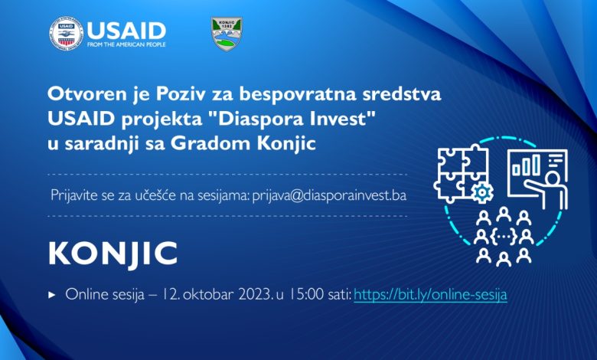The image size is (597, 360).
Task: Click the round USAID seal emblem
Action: (66, 34)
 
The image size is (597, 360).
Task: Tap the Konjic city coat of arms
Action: (227, 34)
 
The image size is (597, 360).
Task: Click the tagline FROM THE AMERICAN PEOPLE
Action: (126, 44)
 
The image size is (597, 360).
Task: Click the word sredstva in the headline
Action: (402, 94)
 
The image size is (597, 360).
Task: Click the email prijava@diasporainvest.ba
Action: (329, 195)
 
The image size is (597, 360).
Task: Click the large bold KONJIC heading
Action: (113, 254)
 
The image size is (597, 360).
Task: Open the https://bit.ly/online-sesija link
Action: (430, 294)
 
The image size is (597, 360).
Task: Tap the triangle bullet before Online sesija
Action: (52, 295)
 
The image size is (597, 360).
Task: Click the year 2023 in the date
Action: (255, 294)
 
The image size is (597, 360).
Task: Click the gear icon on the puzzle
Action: (482, 193)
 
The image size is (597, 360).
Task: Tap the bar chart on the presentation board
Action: (526, 165)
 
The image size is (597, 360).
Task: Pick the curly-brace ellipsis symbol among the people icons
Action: (504, 237)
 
